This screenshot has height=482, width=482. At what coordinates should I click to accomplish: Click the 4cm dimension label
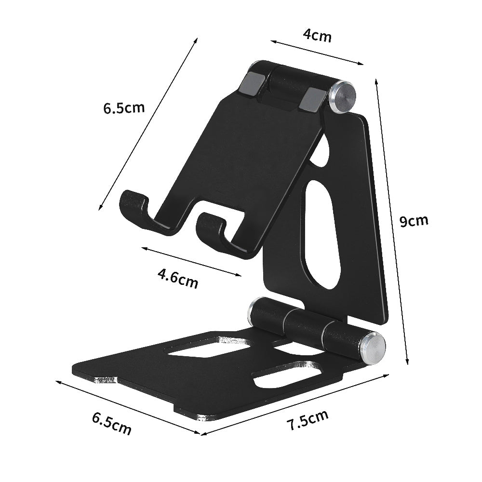point(317,35)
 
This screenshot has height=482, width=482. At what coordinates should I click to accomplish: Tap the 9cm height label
point(414,221)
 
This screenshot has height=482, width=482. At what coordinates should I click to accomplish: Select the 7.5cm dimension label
point(307,420)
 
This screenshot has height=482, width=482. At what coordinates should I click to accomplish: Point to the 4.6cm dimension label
point(178,279)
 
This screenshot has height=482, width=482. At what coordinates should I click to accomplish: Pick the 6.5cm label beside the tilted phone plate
point(123,107)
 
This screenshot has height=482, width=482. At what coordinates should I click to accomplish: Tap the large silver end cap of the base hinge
point(374,346)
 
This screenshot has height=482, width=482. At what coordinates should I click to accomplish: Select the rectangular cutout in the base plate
point(212,347)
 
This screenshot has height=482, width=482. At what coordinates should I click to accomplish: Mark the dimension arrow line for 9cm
point(392,222)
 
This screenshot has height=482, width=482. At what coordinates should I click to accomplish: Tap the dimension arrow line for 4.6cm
point(191,262)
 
